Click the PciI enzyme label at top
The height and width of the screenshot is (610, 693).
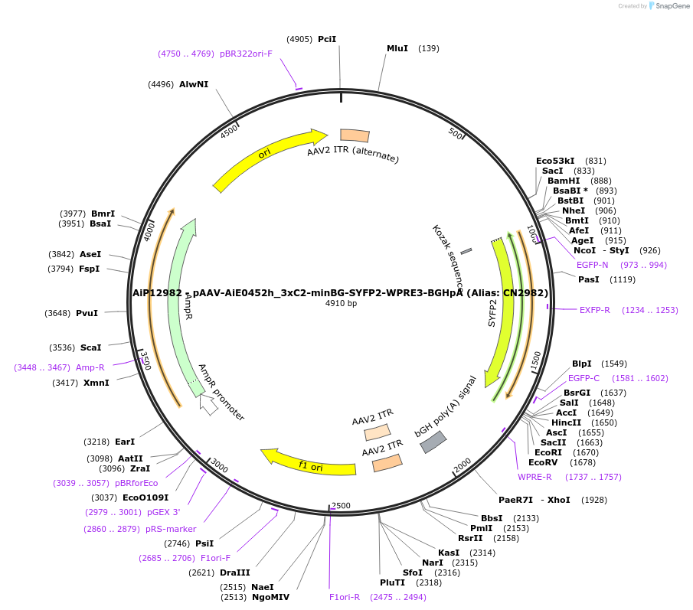click(x=327, y=39)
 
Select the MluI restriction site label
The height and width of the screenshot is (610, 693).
click(x=397, y=48)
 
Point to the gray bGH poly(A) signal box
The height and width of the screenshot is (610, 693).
click(x=433, y=442)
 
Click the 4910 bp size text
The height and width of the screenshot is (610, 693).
click(x=341, y=303)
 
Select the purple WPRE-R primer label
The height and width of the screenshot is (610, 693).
click(x=534, y=477)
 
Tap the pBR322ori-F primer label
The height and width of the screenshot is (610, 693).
click(x=246, y=54)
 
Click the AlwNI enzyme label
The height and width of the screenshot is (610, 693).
click(x=194, y=84)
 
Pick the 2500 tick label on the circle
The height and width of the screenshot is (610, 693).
click(x=341, y=506)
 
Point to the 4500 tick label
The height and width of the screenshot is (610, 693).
click(x=229, y=132)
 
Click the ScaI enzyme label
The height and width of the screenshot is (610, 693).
click(x=91, y=347)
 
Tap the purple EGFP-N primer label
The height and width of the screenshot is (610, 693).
click(x=593, y=265)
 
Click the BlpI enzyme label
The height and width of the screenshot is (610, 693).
click(x=582, y=364)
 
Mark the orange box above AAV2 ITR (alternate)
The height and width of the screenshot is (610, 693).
click(x=355, y=135)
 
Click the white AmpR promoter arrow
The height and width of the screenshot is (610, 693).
click(x=208, y=404)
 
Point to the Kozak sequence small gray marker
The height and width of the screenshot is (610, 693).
click(x=466, y=250)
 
